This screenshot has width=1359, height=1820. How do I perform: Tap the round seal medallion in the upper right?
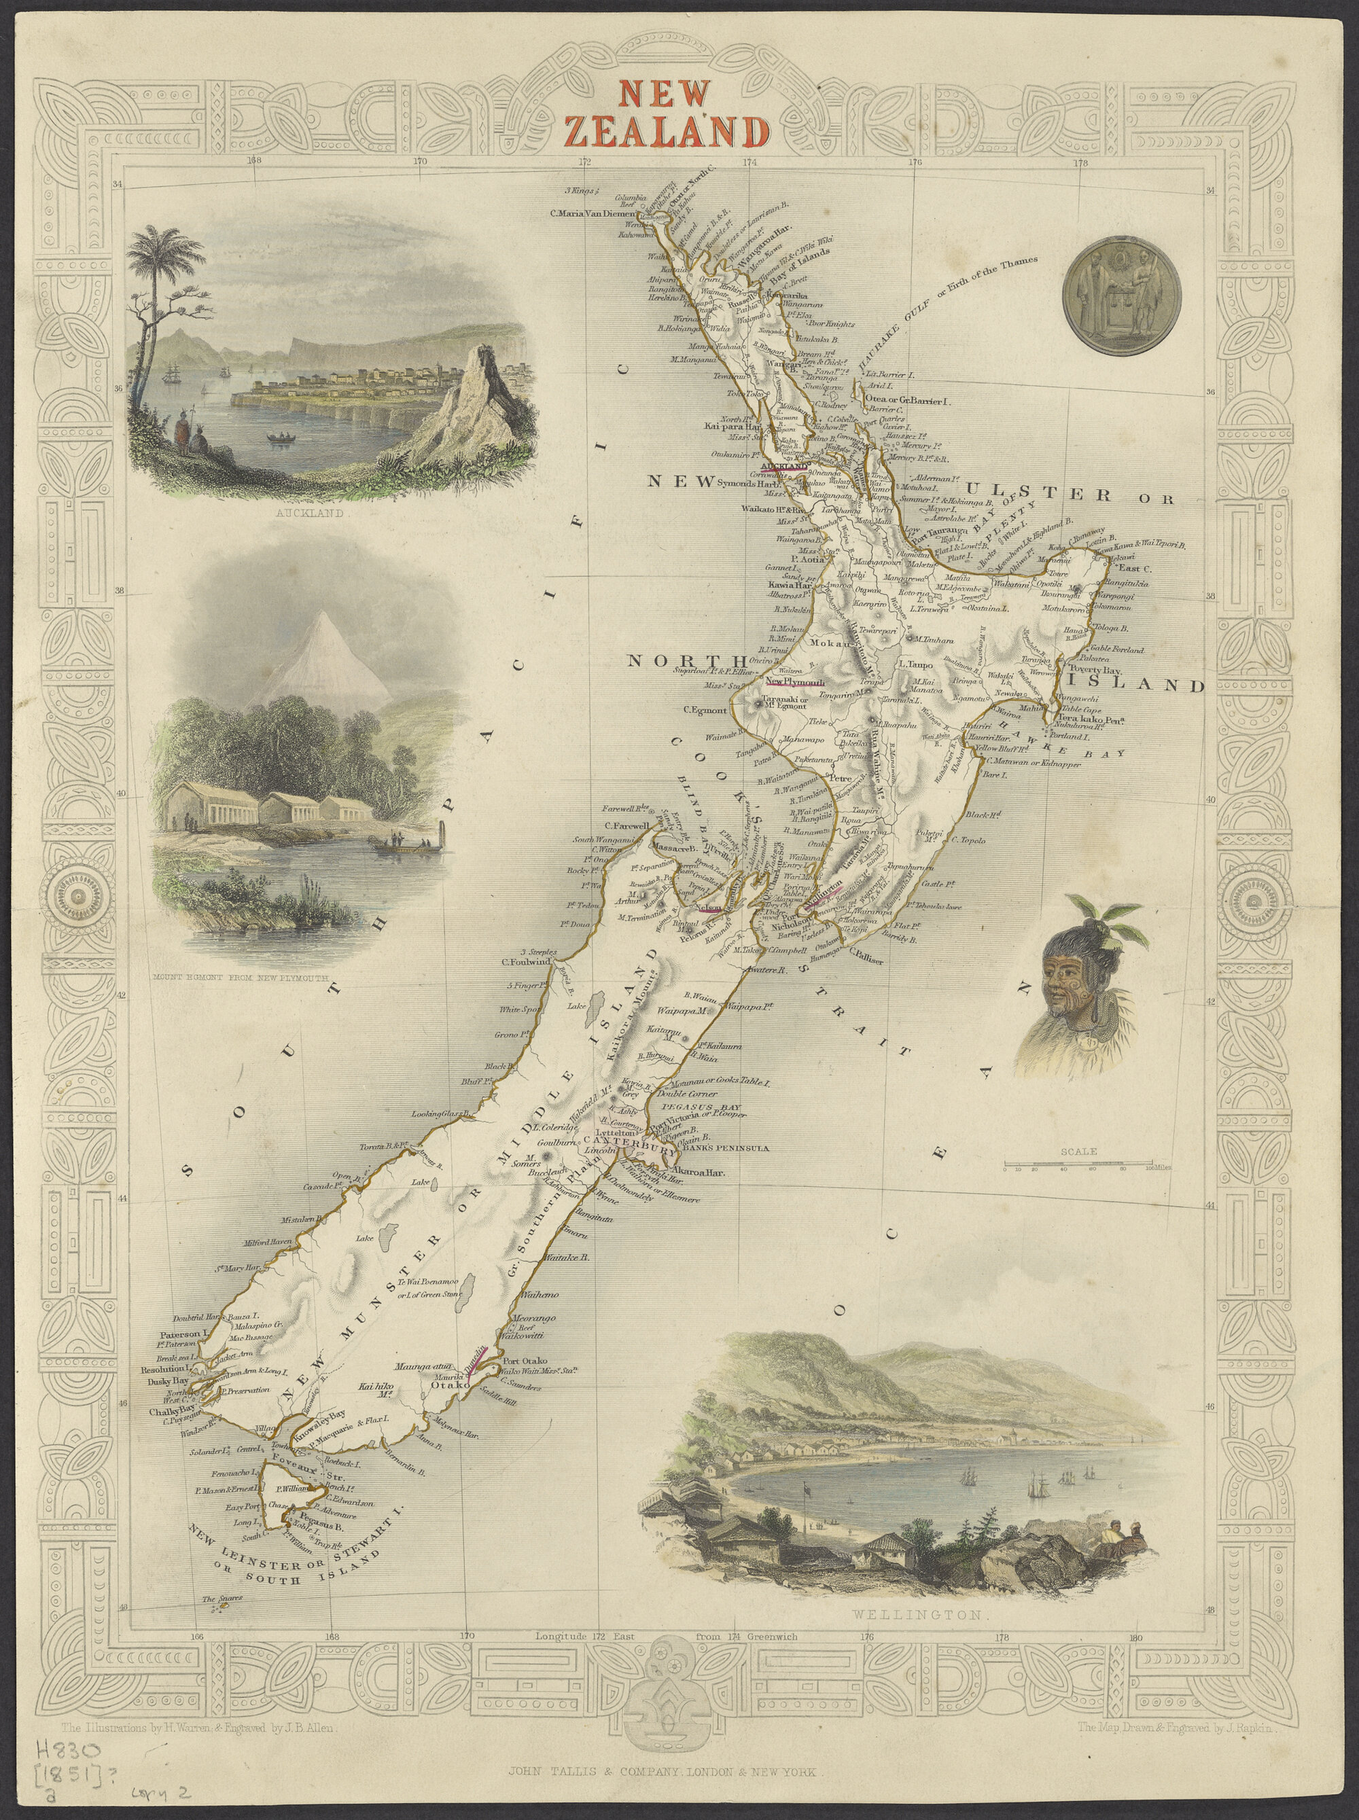click(x=1120, y=296)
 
